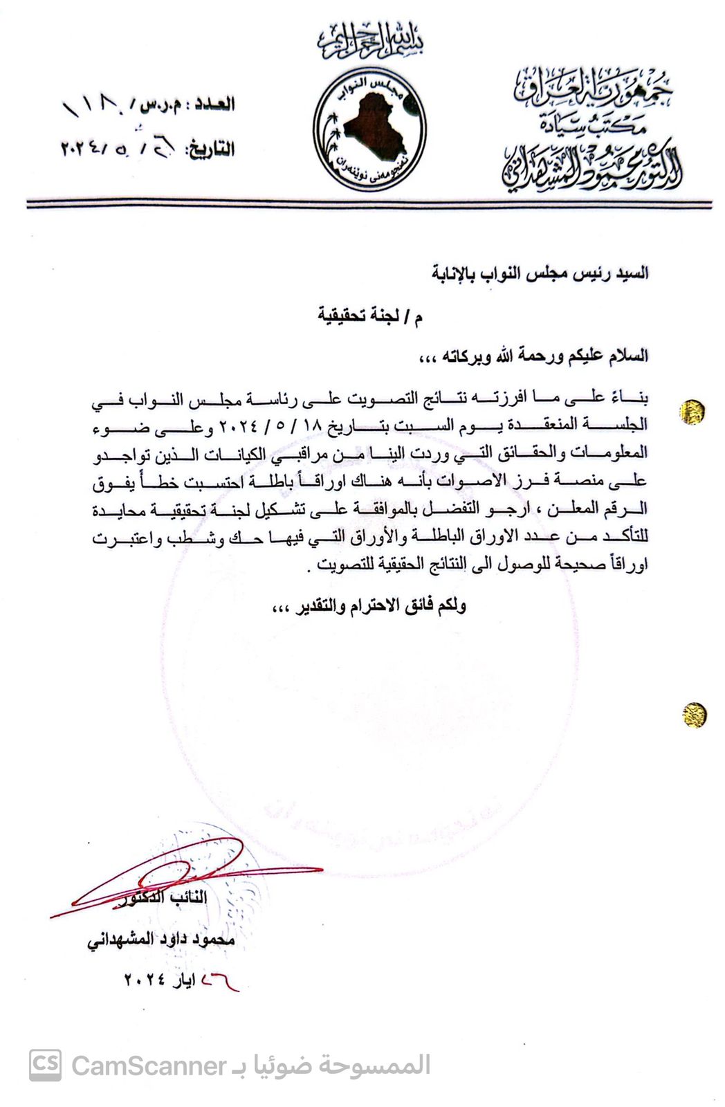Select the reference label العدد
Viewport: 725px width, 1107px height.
(214, 104)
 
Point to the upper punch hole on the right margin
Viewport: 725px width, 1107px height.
(692, 412)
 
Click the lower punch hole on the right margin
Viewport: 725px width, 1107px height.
(694, 714)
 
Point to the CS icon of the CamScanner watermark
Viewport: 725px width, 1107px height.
(45, 1065)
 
